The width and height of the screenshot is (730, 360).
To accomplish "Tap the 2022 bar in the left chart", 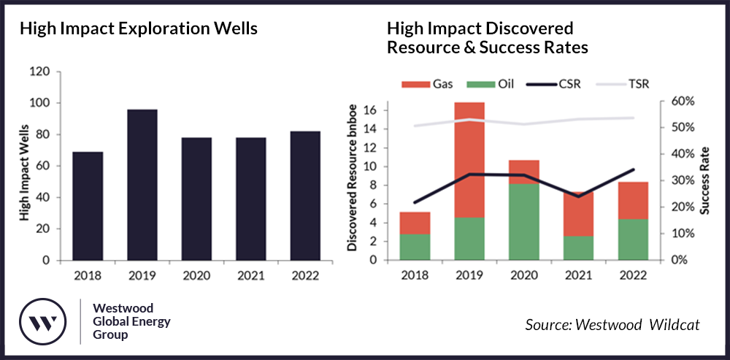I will (306, 196).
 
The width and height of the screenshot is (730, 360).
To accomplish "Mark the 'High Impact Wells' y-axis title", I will (24, 166).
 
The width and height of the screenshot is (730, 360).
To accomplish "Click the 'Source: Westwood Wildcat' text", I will (612, 324).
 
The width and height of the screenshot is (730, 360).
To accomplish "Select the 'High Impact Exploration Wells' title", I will (138, 29).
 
